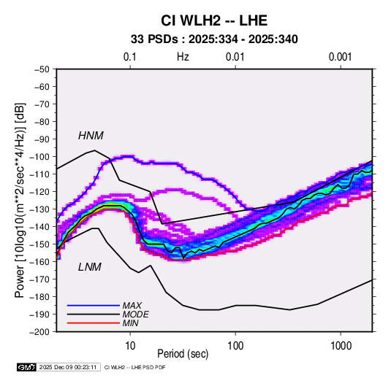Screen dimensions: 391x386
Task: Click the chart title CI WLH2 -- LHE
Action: click(x=214, y=20)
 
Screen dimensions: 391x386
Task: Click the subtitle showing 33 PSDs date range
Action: click(x=214, y=39)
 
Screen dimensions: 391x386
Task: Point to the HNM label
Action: click(x=91, y=136)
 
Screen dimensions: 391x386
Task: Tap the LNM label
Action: click(x=90, y=267)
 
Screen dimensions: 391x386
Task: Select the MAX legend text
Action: click(x=132, y=306)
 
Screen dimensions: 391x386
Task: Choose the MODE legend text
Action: click(x=136, y=314)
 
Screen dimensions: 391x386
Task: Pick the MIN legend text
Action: click(x=130, y=323)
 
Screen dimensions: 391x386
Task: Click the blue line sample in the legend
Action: click(x=94, y=306)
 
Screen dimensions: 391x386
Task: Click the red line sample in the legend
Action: click(x=94, y=323)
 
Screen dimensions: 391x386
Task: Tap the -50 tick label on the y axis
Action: click(x=42, y=69)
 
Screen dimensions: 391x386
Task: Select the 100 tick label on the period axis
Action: click(x=235, y=346)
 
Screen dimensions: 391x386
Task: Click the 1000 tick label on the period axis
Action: click(x=341, y=346)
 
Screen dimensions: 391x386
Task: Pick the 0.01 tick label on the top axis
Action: click(x=235, y=57)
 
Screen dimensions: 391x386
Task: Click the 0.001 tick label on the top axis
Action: click(x=340, y=57)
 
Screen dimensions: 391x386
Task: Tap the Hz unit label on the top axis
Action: click(x=183, y=57)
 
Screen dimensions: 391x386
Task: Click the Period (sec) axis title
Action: click(x=183, y=354)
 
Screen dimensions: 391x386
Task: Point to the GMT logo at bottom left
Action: click(x=27, y=367)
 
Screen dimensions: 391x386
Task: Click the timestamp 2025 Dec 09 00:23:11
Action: click(x=68, y=367)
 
